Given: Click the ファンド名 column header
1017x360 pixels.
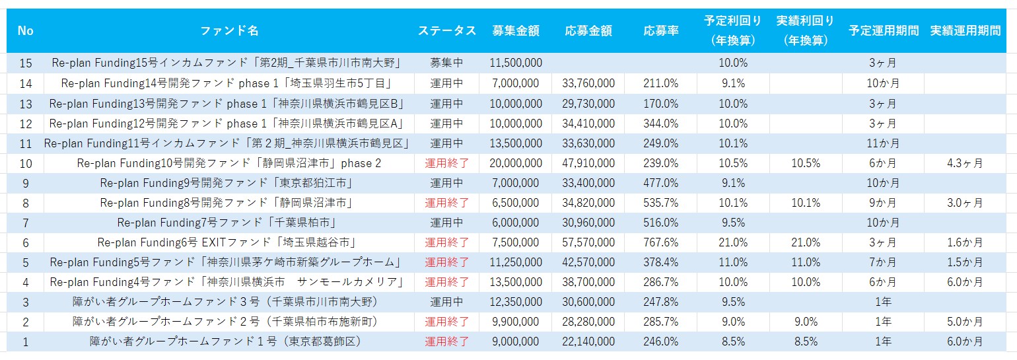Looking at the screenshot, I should [228, 31].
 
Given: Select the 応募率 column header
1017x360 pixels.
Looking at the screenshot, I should [661, 31].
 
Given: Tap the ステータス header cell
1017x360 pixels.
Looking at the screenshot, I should [446, 31].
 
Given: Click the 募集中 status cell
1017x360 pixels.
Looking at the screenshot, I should [446, 63].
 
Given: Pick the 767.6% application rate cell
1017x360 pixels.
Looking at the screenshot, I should [661, 242].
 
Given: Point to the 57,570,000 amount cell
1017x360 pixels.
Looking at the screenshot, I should [588, 242].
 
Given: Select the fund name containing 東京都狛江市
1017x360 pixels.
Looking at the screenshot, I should [226, 183].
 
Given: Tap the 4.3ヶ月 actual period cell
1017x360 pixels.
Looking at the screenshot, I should [965, 163].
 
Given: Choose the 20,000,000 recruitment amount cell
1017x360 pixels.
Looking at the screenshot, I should [516, 163].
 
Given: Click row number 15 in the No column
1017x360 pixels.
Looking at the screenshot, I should [26, 63].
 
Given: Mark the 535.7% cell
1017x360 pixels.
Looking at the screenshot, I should [661, 203].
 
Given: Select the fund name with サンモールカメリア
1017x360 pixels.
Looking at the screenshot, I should [226, 282].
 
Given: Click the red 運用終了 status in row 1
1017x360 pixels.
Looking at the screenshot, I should [446, 342].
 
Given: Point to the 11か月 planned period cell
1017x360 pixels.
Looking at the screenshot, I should [883, 143].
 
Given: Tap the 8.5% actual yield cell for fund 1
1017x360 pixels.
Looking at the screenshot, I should [806, 342].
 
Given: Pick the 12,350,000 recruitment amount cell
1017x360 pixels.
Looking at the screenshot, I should [516, 302].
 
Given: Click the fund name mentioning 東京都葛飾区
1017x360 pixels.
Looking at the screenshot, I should [226, 342].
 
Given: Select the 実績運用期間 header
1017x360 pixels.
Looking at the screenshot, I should [965, 31].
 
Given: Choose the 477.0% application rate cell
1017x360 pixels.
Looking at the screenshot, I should [661, 183].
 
